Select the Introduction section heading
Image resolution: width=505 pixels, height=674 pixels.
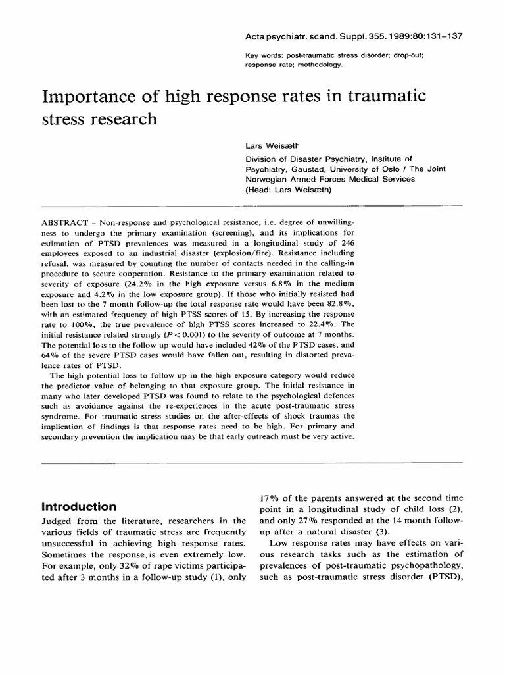(80, 507)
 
